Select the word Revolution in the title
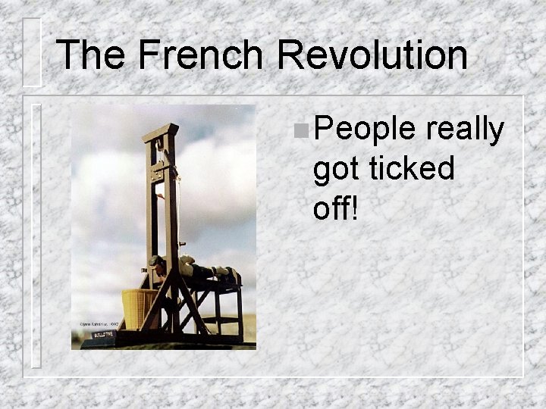(x=372, y=55)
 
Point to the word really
(x=465, y=130)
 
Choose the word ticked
(x=412, y=168)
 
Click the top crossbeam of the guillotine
(x=161, y=133)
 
